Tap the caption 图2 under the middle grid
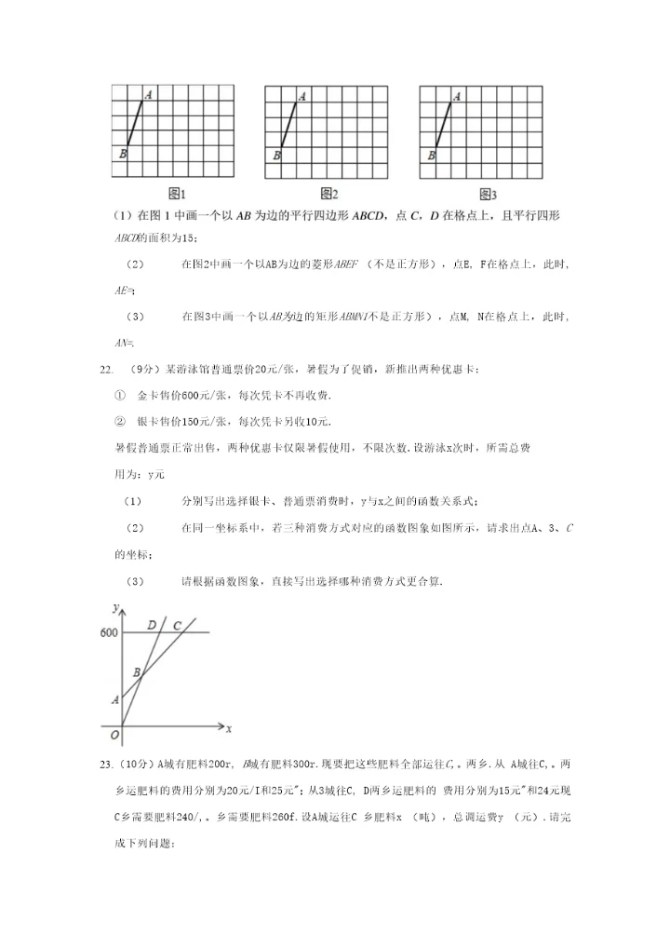point(328,195)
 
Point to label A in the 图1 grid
point(149,95)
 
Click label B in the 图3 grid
point(431,156)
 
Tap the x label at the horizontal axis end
point(228,726)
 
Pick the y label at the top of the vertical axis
point(114,607)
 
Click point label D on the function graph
point(152,625)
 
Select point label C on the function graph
point(177,625)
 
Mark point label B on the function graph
point(137,671)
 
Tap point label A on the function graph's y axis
point(114,698)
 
